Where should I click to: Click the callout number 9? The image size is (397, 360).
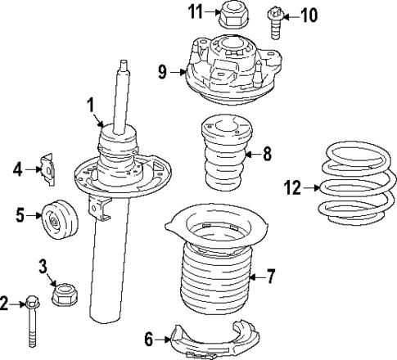point(162,72)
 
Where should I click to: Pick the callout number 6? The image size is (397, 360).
point(149,338)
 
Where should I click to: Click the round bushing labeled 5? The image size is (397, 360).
point(56,218)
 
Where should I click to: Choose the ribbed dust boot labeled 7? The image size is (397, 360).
point(215,278)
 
